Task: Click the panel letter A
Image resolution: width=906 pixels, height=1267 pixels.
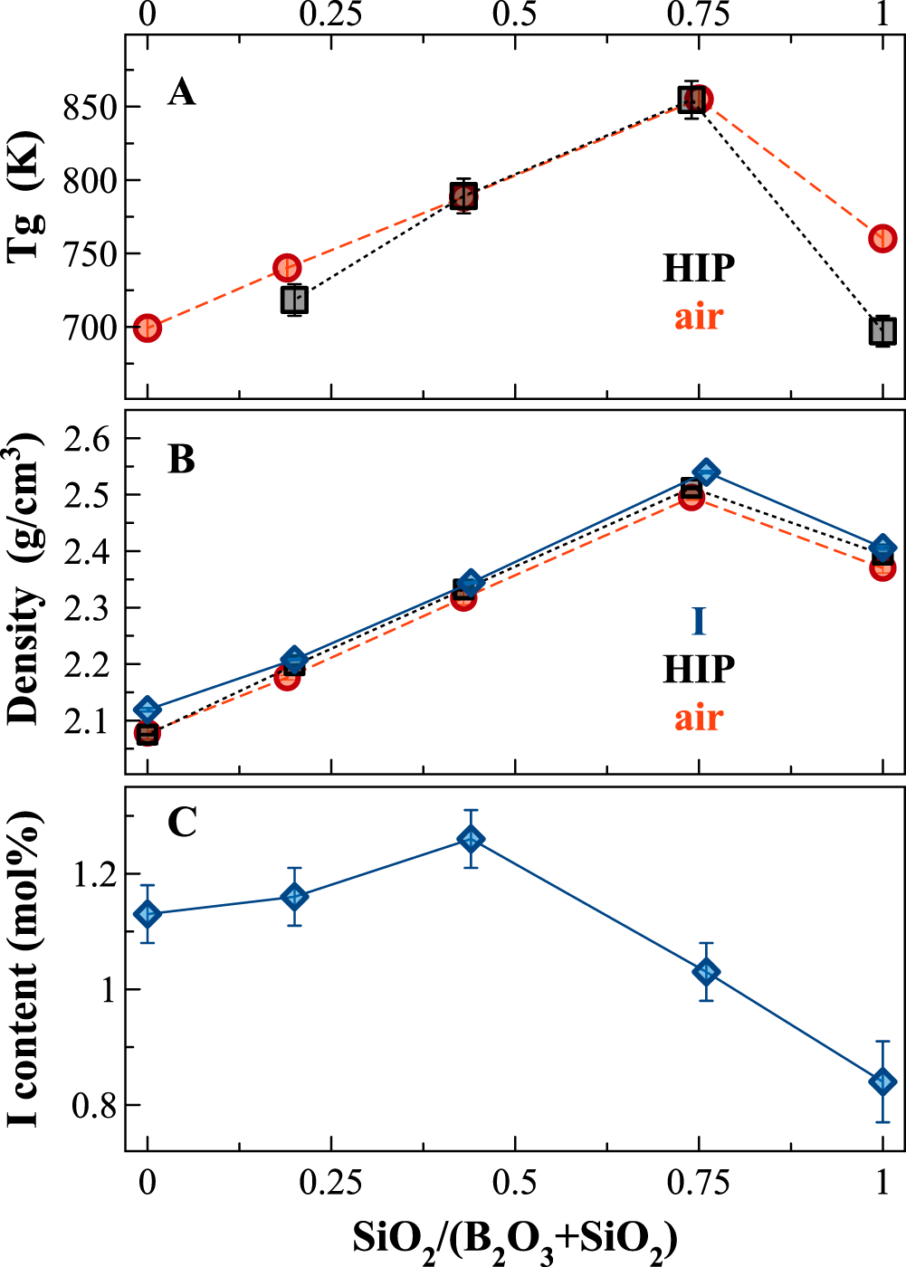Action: click(x=181, y=92)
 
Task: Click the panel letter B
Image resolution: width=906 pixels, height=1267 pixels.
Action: click(x=181, y=460)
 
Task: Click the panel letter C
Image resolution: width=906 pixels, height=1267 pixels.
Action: click(x=181, y=823)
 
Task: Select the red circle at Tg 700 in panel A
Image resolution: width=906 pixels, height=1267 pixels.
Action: click(x=148, y=328)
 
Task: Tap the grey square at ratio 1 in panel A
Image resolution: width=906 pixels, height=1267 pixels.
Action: click(x=882, y=331)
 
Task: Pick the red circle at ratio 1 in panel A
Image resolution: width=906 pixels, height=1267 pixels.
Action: click(x=882, y=239)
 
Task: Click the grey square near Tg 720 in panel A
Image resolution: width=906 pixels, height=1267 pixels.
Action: click(x=294, y=300)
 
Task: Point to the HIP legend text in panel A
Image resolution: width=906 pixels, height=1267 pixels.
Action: click(x=699, y=269)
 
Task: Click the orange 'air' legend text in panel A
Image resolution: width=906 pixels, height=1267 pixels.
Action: click(x=699, y=317)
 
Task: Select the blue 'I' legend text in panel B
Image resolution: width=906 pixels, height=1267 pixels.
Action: click(x=699, y=622)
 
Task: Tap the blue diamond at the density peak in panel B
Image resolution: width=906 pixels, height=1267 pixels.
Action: click(x=706, y=472)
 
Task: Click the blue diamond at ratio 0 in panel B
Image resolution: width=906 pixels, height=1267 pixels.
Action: click(x=148, y=710)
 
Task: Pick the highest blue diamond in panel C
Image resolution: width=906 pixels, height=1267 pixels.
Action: click(x=471, y=839)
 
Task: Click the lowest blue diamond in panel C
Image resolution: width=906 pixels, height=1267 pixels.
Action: click(x=882, y=1081)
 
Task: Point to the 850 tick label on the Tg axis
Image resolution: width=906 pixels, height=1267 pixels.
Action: click(x=90, y=107)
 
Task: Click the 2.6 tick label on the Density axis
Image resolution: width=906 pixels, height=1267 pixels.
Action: click(x=86, y=439)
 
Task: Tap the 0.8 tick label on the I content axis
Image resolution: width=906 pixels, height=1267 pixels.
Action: click(x=93, y=1106)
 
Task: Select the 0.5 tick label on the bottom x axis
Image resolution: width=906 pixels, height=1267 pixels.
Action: click(x=514, y=1182)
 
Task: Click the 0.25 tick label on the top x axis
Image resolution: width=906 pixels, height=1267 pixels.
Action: click(x=330, y=15)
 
